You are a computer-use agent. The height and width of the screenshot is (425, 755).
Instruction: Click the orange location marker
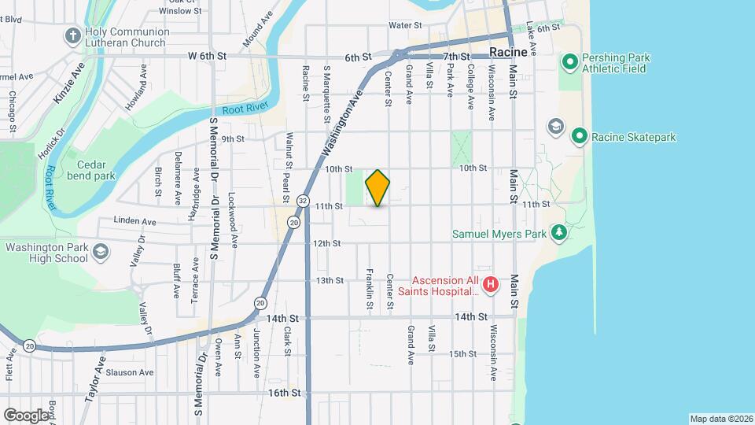tap(377, 188)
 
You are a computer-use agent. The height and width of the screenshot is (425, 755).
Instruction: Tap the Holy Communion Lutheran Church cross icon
tap(73, 36)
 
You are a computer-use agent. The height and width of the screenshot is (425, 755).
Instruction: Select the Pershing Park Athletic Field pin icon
tap(569, 61)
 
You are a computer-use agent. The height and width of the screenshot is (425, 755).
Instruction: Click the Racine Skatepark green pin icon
tap(579, 136)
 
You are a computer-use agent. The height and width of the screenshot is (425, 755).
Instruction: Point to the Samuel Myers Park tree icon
tap(558, 232)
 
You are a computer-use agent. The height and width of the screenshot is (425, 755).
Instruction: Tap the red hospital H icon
tap(491, 284)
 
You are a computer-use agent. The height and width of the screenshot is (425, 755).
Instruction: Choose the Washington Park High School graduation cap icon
tap(100, 251)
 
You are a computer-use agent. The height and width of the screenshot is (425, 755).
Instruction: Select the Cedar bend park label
tap(96, 170)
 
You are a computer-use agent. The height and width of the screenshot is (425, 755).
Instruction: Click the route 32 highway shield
tap(303, 201)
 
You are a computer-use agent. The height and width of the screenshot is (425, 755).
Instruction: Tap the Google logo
tap(25, 414)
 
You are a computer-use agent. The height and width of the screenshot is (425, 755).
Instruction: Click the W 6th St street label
tap(207, 56)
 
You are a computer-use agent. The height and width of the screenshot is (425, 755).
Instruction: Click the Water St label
tap(405, 25)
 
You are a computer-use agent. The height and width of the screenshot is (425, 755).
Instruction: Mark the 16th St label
tap(284, 392)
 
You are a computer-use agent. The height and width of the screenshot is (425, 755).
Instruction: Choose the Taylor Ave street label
tap(95, 381)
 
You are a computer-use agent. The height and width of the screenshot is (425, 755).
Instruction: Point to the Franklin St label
tap(369, 287)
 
